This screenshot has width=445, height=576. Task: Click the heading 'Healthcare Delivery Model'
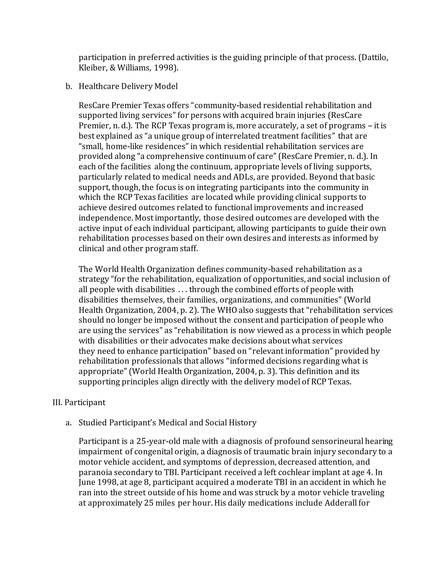[128, 87]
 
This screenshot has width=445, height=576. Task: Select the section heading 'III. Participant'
[79, 403]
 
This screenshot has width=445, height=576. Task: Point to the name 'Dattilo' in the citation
[374, 58]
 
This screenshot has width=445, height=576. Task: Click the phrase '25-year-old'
[159, 441]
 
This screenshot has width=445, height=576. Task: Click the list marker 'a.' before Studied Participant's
[68, 423]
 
